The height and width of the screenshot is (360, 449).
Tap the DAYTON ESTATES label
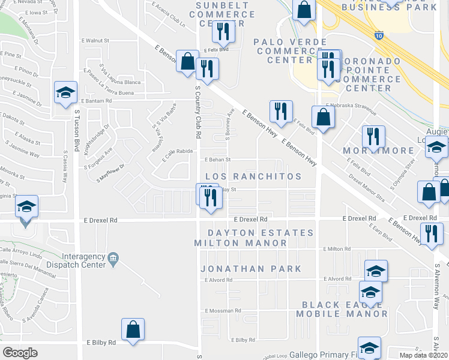tap(261, 233)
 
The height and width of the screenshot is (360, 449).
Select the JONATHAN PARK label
tap(252, 269)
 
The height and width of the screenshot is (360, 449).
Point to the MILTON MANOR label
tap(241, 243)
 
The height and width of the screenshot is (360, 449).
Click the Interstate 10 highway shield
tap(378, 37)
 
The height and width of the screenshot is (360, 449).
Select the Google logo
tap(20, 352)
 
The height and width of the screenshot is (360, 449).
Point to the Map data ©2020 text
tap(424, 355)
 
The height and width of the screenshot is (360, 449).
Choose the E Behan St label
tap(218, 160)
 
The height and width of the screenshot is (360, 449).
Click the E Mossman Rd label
tap(222, 311)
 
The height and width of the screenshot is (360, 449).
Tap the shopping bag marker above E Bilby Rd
tap(133, 329)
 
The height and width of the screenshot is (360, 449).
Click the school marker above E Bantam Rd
tap(65, 92)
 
